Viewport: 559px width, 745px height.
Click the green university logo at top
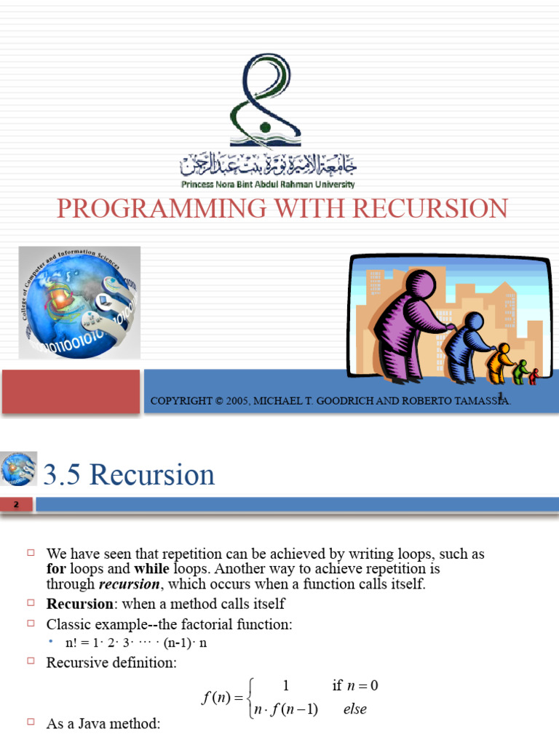(x=258, y=101)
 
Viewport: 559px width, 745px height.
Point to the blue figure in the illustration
(x=466, y=346)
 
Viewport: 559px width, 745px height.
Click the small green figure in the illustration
(x=520, y=372)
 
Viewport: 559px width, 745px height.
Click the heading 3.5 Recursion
(x=130, y=475)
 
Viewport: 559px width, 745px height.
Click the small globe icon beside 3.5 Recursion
(x=19, y=469)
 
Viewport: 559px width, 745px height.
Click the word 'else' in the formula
(x=355, y=709)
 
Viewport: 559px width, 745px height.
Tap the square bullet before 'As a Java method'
(x=31, y=723)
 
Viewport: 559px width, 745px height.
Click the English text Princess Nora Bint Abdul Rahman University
(x=268, y=185)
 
